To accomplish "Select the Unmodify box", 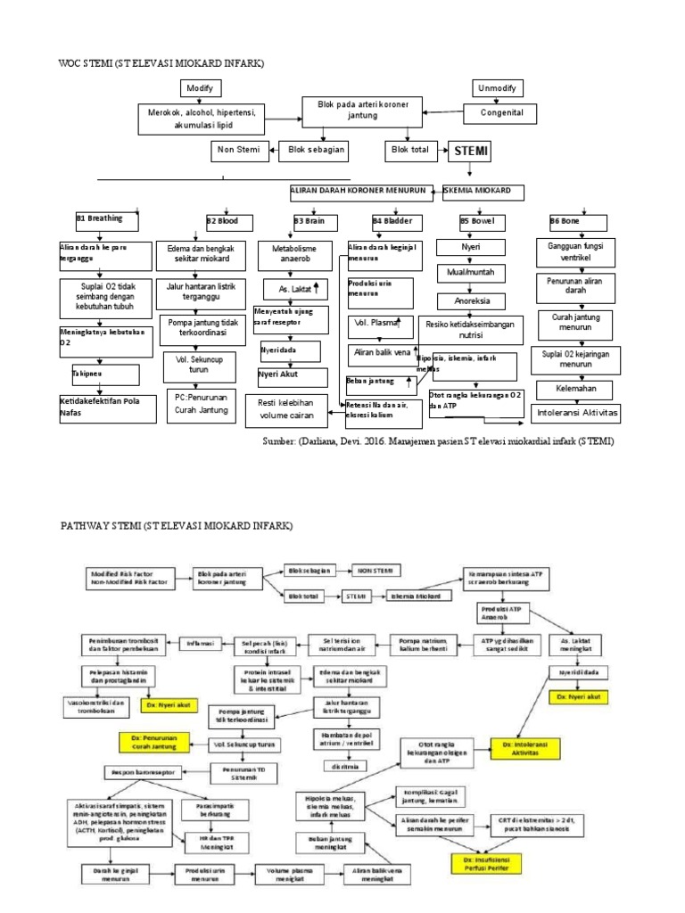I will [x=496, y=88].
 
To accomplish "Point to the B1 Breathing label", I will [x=99, y=218].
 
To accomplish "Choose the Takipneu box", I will [x=89, y=372].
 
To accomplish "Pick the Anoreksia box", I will [x=471, y=300].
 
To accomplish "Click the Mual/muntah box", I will [x=470, y=271].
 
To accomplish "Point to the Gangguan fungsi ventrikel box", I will [x=575, y=251].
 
